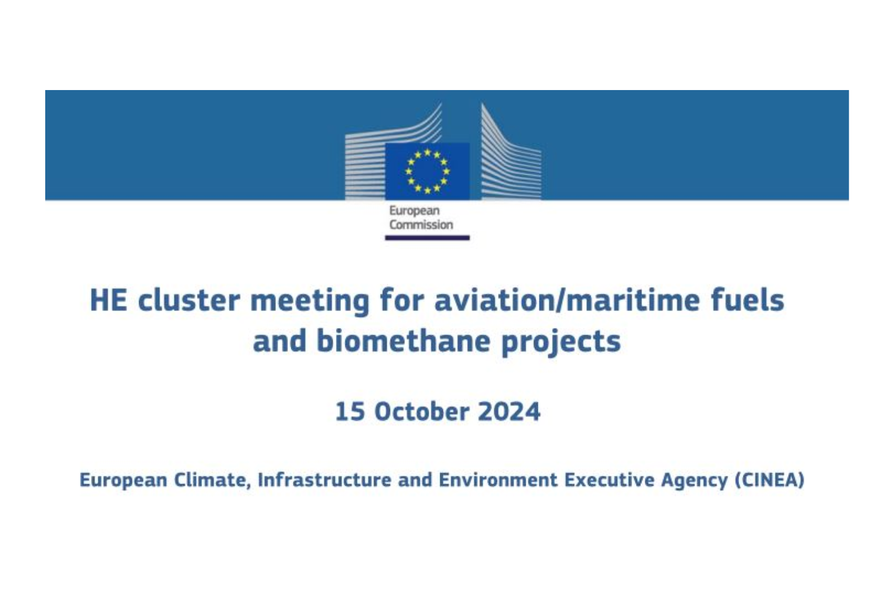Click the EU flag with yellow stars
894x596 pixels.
point(427,171)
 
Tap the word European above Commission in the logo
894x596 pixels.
point(415,211)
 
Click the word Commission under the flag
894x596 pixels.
point(421,225)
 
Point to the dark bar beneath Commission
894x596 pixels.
point(427,237)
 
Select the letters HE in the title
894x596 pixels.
point(109,300)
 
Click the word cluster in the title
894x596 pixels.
point(189,300)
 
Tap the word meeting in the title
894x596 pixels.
point(310,302)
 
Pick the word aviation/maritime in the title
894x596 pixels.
point(567,300)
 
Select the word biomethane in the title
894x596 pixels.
point(403,341)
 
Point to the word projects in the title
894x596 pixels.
point(561,343)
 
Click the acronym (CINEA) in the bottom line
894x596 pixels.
point(770,480)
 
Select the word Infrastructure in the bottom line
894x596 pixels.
point(325,479)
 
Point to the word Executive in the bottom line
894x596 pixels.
point(609,479)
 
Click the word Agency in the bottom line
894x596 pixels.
point(694,481)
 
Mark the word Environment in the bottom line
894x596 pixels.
point(498,479)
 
